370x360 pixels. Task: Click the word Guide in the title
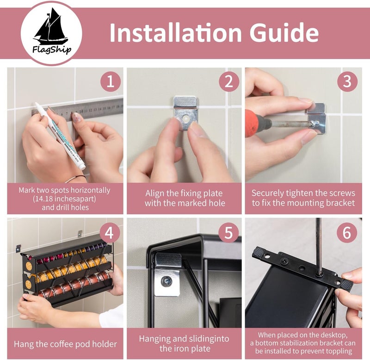tap(284, 32)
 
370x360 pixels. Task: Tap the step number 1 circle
tap(111, 82)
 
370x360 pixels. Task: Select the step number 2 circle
tap(229, 82)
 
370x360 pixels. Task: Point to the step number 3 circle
tap(347, 81)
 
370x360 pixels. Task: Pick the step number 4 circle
tap(109, 233)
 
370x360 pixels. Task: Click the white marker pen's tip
tap(37, 104)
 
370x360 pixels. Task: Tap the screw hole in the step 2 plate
tap(186, 118)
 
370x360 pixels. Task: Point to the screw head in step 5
tap(166, 282)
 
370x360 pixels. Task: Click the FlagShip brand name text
tap(52, 50)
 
